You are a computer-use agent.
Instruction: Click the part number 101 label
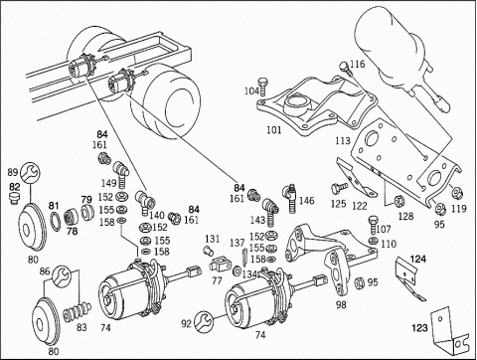(x=274, y=130)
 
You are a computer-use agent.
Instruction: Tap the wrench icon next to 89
(x=30, y=173)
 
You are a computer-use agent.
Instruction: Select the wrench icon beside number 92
(x=204, y=322)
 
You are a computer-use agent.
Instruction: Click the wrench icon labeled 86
(x=62, y=275)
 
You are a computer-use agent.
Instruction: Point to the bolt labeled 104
(x=263, y=86)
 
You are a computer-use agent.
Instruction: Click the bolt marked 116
(x=345, y=69)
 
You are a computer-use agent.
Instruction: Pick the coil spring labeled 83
(x=79, y=311)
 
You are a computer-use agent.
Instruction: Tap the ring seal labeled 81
(x=56, y=221)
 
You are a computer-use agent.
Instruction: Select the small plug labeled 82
(x=14, y=199)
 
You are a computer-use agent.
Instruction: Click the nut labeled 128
(x=397, y=201)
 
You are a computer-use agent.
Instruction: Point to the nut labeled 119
(x=458, y=193)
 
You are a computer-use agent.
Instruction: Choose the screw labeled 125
(x=339, y=189)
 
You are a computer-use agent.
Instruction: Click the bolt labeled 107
(x=374, y=224)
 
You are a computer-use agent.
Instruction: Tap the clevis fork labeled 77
(x=221, y=265)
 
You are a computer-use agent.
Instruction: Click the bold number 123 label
(x=419, y=328)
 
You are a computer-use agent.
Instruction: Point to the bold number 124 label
(x=418, y=259)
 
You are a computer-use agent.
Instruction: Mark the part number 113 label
(x=343, y=141)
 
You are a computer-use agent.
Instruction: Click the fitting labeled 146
(x=289, y=198)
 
